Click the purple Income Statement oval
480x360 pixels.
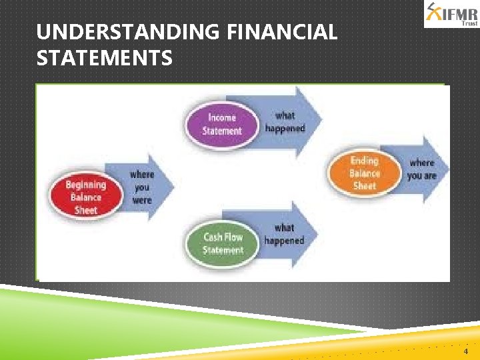pyautogui.click(x=222, y=124)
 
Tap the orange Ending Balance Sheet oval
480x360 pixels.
pyautogui.click(x=365, y=173)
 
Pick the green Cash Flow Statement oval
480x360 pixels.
pyautogui.click(x=223, y=243)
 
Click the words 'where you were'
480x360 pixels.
pyautogui.click(x=141, y=187)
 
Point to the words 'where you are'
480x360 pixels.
pyautogui.click(x=421, y=169)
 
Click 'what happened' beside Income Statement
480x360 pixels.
pyautogui.click(x=285, y=121)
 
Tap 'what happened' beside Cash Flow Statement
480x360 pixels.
pyautogui.click(x=284, y=234)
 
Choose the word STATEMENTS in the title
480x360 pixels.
pyautogui.click(x=105, y=59)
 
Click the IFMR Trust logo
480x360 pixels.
pyautogui.click(x=451, y=14)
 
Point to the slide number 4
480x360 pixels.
pyautogui.click(x=465, y=351)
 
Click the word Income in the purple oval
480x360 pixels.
pyautogui.click(x=222, y=118)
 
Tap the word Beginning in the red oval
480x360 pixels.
pyautogui.click(x=85, y=185)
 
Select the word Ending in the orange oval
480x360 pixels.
pyautogui.click(x=365, y=161)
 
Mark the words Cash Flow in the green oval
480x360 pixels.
pyautogui.click(x=223, y=237)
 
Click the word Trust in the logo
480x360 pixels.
pyautogui.click(x=470, y=23)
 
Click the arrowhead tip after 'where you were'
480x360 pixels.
pyautogui.click(x=173, y=187)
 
